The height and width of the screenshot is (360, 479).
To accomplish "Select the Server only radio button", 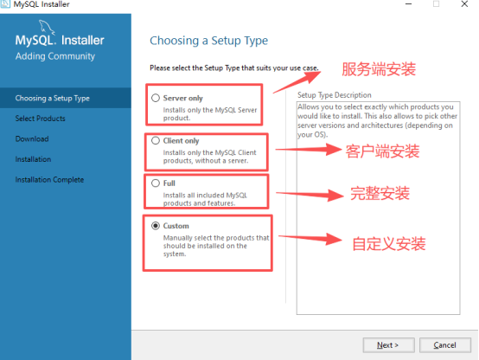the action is click(156, 98).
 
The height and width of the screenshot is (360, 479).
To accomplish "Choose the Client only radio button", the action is click(156, 140).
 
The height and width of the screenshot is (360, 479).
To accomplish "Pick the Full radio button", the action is click(156, 183).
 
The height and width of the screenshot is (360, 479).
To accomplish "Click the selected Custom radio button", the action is click(156, 226).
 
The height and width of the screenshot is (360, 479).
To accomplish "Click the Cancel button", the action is click(444, 345).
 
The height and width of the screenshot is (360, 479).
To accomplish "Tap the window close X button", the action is click(464, 4).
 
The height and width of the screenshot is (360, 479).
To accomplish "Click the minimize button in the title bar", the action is click(408, 4).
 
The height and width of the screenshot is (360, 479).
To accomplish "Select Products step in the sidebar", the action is click(41, 119).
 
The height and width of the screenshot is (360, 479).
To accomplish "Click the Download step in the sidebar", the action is click(32, 138).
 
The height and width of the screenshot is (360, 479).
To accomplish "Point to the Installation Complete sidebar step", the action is click(49, 179).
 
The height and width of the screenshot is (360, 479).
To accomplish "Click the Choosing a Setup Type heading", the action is click(208, 41).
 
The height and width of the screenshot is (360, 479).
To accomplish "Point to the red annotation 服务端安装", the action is click(379, 69).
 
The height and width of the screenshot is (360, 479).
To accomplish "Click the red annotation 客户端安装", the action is click(382, 151).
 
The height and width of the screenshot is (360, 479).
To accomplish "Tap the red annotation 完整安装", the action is click(380, 193).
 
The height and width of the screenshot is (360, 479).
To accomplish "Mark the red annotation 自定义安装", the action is click(389, 244).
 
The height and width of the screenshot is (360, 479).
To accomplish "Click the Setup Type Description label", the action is click(335, 95).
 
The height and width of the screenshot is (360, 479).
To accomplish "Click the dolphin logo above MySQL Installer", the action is click(47, 27).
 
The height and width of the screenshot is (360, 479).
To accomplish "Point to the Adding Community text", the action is click(55, 56).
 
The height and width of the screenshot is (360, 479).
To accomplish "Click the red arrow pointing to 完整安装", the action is click(310, 195).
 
